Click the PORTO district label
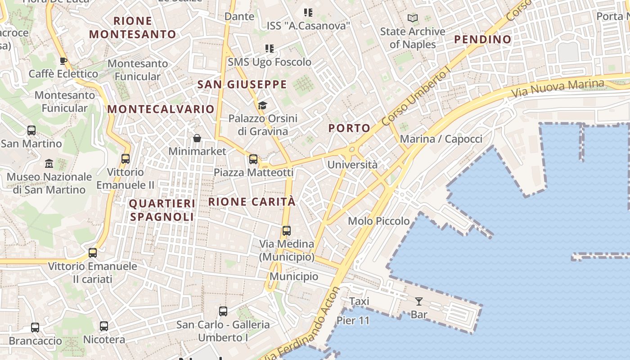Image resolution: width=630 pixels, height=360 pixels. point(349,128)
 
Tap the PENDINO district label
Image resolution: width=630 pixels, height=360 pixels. point(482,40)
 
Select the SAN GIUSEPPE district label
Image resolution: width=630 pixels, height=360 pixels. point(242,85)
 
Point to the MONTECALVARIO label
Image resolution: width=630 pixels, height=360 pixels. point(161,109)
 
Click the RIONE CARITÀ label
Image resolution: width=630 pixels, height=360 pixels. point(252,202)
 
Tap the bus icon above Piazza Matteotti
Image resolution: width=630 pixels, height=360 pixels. point(253,159)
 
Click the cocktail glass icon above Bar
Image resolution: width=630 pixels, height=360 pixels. point(419,301)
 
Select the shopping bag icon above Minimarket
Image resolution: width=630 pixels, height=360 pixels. point(197,138)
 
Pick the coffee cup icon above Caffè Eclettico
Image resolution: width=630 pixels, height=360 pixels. point(63,61)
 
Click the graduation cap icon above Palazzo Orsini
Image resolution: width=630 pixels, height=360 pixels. point(262,106)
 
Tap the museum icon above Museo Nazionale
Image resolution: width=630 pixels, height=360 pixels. point(49,163)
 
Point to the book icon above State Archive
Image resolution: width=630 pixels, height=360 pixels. point(412,18)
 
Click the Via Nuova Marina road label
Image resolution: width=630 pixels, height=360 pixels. point(558,89)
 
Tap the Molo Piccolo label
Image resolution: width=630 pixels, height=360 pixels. point(379,221)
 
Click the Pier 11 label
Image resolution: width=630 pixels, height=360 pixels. point(353,321)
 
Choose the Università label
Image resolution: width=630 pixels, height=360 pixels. point(352,165)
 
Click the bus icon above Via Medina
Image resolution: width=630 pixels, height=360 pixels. point(286,231)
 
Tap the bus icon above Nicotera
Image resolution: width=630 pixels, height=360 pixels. point(104,326)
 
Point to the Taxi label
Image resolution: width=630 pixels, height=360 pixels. point(359,301)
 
